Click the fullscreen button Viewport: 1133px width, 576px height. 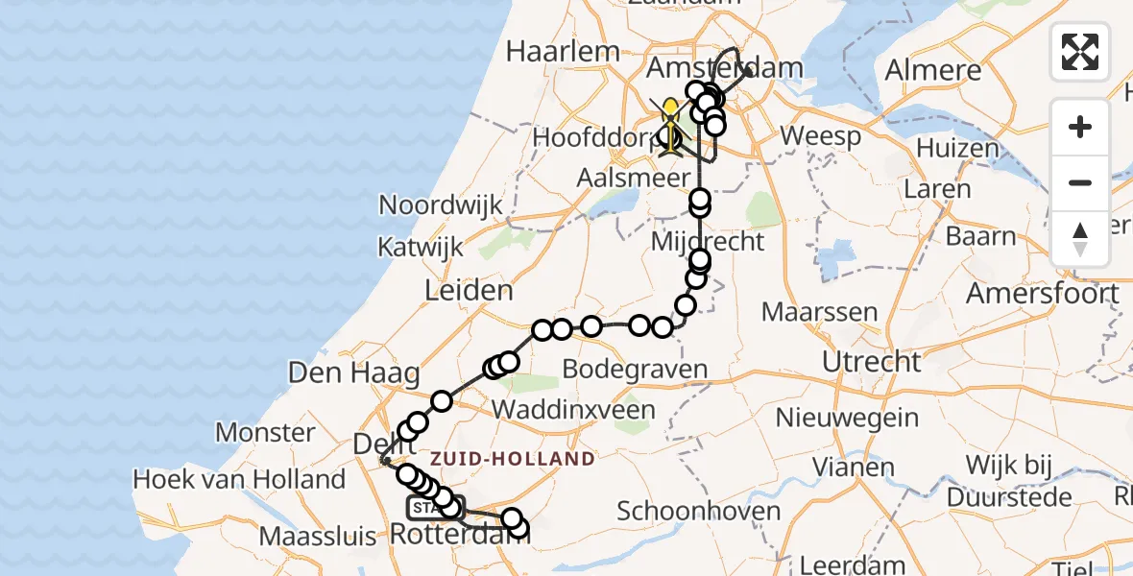tap(1080, 51)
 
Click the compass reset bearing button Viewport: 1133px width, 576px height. tap(1080, 239)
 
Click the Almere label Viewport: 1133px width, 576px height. tap(933, 70)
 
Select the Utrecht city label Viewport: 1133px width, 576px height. tap(872, 362)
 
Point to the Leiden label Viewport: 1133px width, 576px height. tap(470, 290)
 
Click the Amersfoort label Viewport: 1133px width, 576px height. tap(1042, 293)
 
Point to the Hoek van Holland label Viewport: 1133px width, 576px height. tap(239, 478)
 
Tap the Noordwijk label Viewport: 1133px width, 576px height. tap(441, 204)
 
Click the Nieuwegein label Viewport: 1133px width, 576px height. tap(847, 419)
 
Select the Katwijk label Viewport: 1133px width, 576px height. tap(420, 247)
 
